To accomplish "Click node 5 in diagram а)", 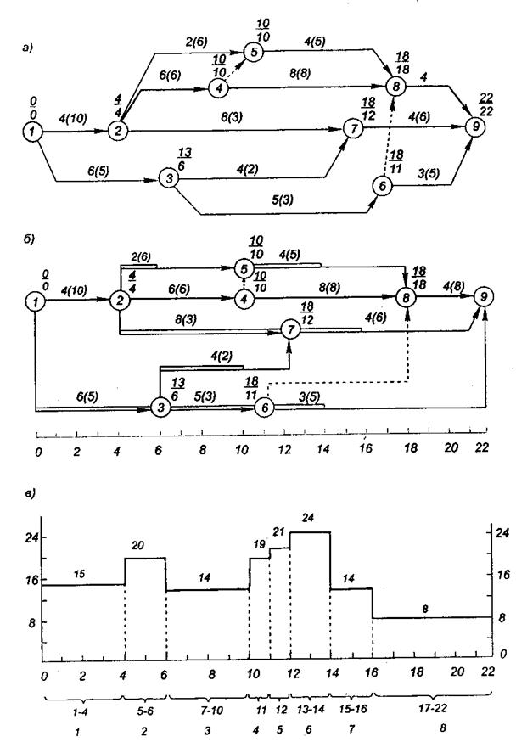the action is pos(254,52).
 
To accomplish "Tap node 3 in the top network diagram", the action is pos(168,179).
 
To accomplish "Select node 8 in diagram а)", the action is pos(395,86).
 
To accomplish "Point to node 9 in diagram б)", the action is pos(484,296).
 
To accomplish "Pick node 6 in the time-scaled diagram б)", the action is pos(265,408).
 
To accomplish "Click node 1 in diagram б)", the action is pos(36,301).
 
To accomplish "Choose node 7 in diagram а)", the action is pos(353,128).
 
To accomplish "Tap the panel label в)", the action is pos(30,493).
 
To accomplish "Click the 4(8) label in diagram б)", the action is pos(453,286).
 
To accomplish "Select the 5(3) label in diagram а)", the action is pos(283,200).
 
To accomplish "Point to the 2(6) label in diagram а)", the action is pos(196,42).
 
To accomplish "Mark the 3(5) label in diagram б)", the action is pos(309,398).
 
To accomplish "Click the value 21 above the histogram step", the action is pos(278,532).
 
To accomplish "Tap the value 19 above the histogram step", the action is pos(259,544).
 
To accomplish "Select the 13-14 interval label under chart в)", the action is pos(310,710).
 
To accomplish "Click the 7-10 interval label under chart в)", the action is pos(208,710).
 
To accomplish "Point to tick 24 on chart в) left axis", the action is pos(33,538).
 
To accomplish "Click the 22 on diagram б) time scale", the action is pos(482,447).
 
